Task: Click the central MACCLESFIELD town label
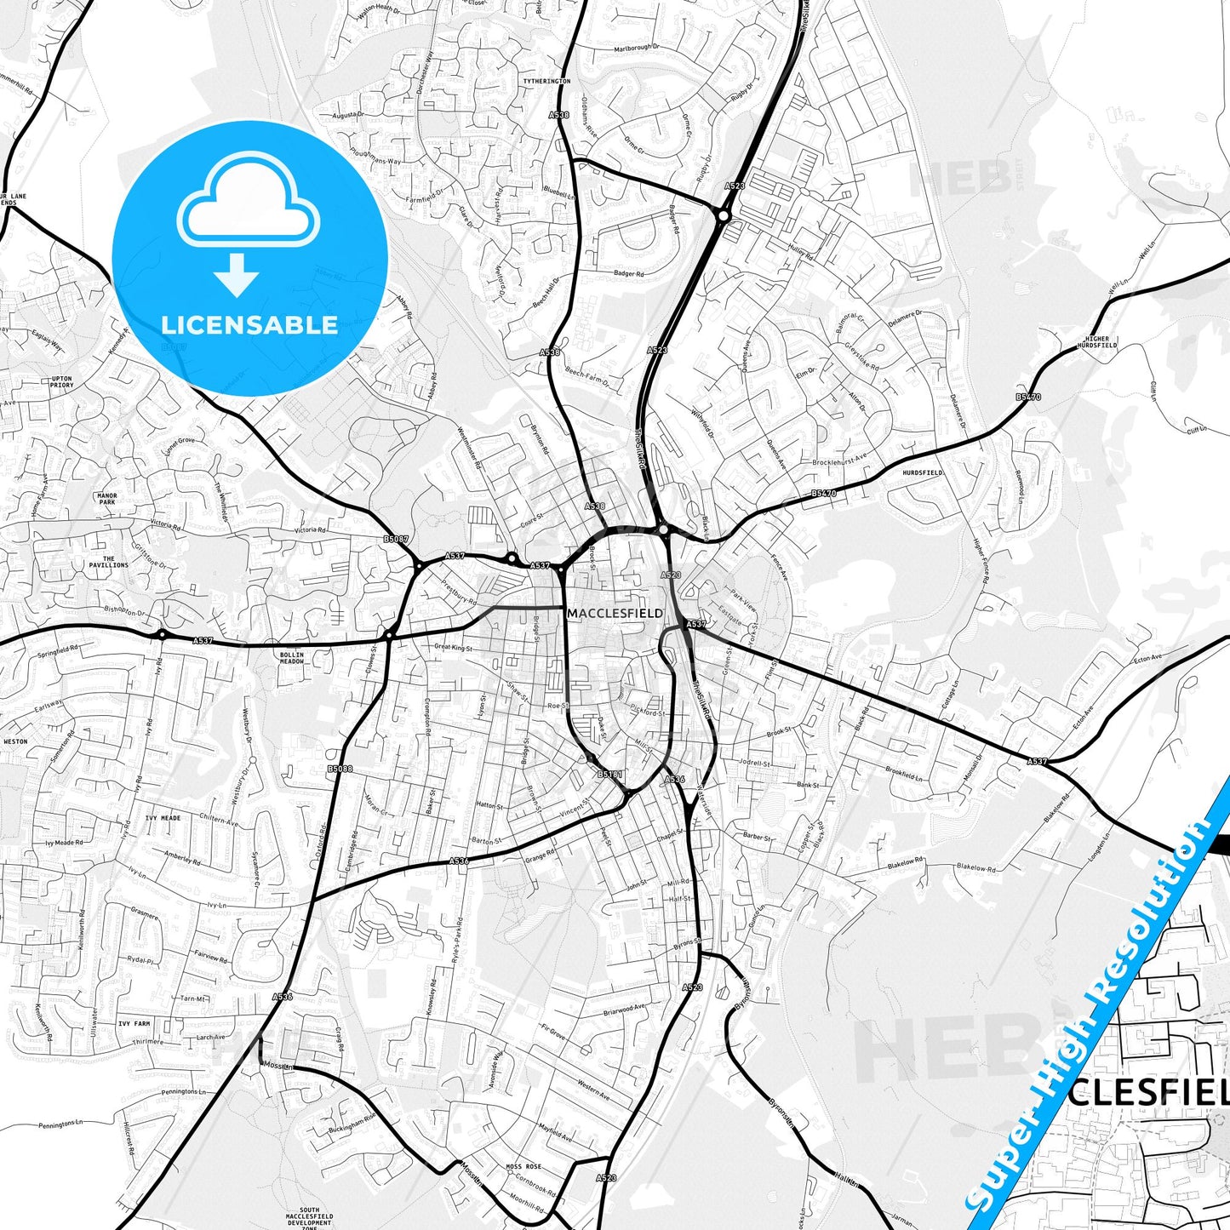615,613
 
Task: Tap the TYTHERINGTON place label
546,81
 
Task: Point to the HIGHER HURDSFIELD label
1097,342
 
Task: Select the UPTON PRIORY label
62,382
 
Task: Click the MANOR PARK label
107,499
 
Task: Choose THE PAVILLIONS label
109,562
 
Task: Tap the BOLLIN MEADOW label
291,658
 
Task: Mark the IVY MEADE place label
163,818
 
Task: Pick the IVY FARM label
134,1024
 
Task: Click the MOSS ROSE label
523,1166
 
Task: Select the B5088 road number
340,769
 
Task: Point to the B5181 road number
609,775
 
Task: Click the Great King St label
454,648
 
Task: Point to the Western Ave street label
593,1088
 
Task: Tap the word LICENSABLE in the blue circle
249,324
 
